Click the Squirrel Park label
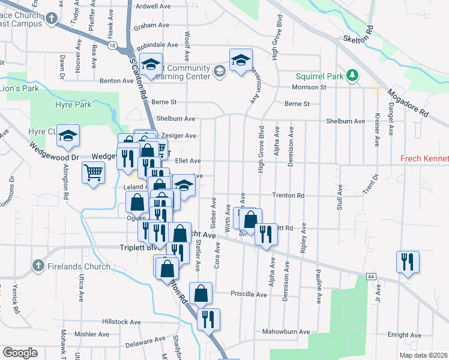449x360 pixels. tap(319, 76)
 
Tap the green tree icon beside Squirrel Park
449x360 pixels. tap(354, 76)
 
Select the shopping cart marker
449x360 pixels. tap(93, 174)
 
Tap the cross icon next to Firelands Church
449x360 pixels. tap(38, 265)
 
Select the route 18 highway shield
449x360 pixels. tap(112, 45)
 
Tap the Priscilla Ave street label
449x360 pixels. tap(249, 294)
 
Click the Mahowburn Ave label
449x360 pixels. tap(286, 331)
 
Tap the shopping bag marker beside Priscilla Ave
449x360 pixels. tap(201, 293)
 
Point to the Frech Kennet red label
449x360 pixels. tap(424, 159)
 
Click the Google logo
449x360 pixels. tap(20, 353)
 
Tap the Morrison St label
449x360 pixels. tap(309, 87)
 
